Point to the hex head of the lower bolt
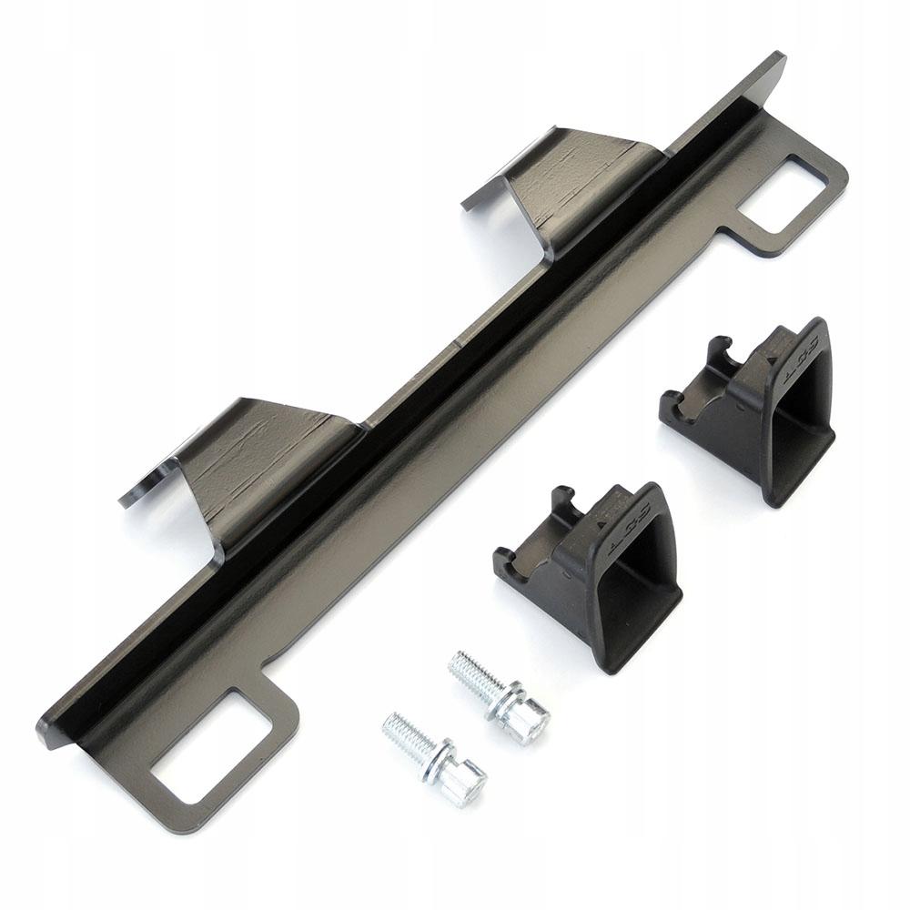click(465, 784)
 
